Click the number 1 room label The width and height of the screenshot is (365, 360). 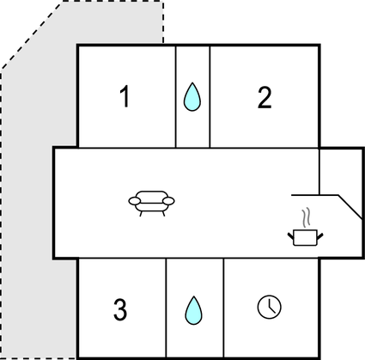pos(125,97)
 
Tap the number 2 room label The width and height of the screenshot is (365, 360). pos(265,98)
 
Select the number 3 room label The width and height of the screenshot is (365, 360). pos(120,309)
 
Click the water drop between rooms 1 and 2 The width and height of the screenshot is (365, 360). pos(192,97)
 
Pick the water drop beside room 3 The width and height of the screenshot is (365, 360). pos(193,310)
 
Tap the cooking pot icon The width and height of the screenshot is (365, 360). pos(305,237)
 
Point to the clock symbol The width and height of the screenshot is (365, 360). pos(270,307)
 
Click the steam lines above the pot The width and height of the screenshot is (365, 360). pos(306,217)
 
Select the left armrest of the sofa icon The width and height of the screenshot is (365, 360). pos(135,201)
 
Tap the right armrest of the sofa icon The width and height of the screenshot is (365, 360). pos(168,201)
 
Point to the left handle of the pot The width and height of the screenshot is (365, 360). pos(291,236)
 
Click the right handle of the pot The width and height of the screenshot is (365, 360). pos(319,236)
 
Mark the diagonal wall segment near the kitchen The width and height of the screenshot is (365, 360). pos(350,207)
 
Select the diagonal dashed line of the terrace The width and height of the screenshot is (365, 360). pos(32,35)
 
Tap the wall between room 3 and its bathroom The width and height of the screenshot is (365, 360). pos(166,308)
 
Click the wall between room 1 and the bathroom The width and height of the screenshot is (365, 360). pos(175,96)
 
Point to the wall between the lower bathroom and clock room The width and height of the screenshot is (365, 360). pos(223,308)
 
